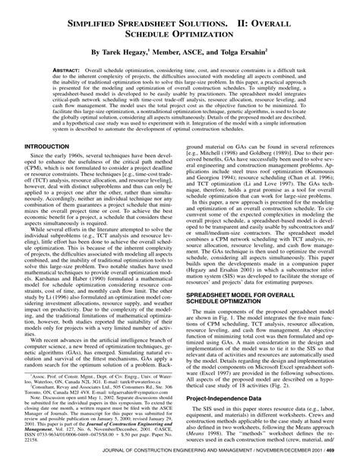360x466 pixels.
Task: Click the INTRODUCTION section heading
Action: [49, 188]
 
